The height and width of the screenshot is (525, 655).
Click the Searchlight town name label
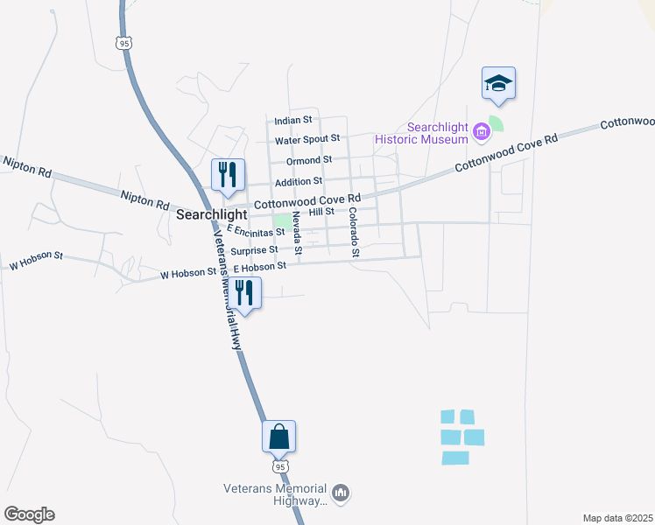point(210,213)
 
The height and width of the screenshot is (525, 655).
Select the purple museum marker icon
point(481,132)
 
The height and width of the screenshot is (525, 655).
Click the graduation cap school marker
point(498,83)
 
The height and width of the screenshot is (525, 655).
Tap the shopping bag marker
point(278,436)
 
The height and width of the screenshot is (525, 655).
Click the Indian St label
point(293,120)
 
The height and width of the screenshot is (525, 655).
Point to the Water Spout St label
point(306,139)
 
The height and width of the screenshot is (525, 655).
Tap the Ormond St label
point(303,160)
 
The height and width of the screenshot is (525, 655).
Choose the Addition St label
point(299,182)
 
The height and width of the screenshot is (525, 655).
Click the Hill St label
point(321,212)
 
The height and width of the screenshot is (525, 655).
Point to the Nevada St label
point(297,233)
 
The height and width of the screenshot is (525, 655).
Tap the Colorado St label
point(354,232)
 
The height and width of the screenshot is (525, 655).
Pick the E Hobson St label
point(259,266)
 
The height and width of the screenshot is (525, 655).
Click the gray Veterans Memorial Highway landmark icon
point(341,494)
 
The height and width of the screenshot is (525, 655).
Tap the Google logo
point(29,514)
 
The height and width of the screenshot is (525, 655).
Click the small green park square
point(282,220)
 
